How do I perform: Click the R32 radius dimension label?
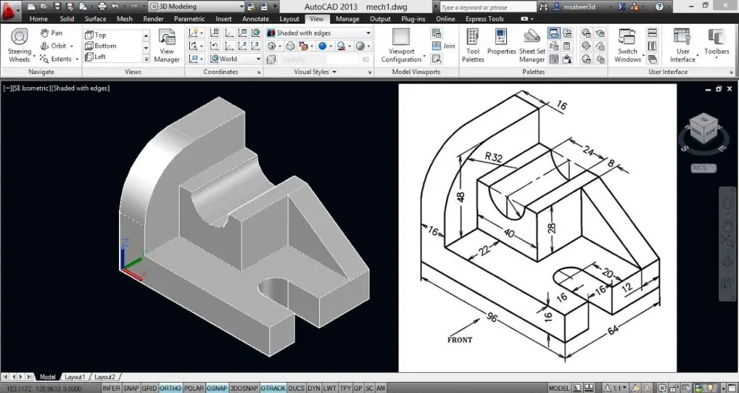[494, 157]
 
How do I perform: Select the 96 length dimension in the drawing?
[491, 318]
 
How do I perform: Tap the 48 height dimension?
[461, 197]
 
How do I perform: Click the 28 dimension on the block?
[551, 228]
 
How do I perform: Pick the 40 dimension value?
[508, 233]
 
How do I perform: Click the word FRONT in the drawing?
[460, 341]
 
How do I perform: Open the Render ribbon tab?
[153, 19]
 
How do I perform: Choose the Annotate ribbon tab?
[256, 19]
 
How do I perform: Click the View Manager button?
[167, 46]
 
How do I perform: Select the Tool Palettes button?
[473, 46]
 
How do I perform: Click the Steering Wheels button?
[19, 46]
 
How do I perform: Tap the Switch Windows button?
[627, 46]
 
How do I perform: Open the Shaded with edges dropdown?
[319, 33]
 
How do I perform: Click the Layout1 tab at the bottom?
[74, 377]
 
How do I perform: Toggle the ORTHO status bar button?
[170, 388]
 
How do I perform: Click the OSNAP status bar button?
[217, 388]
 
